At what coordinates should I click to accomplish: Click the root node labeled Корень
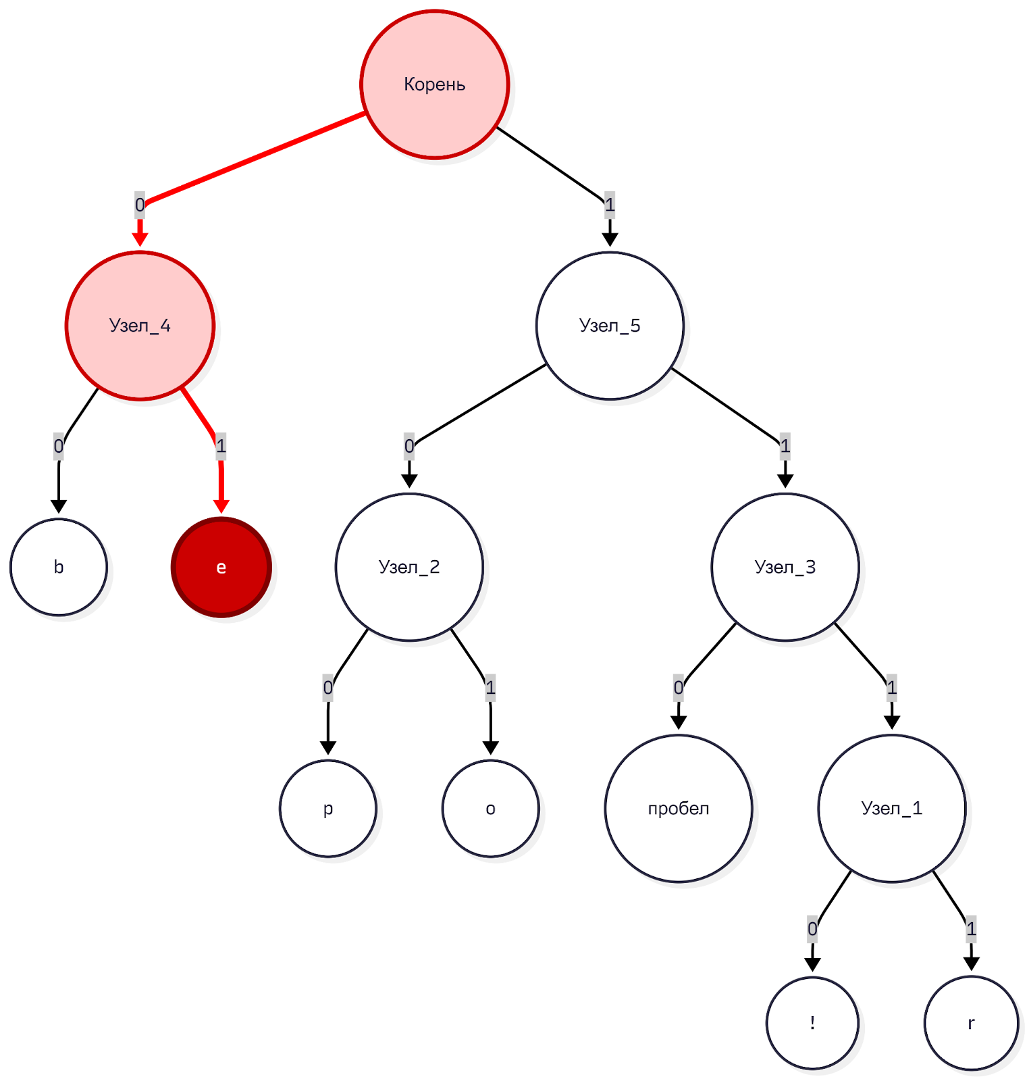pos(435,84)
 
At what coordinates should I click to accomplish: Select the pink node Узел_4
pos(140,326)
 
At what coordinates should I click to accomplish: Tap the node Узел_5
pos(610,326)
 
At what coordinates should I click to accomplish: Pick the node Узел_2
pos(409,567)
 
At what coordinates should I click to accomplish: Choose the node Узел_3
pos(785,567)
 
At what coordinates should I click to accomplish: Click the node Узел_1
pos(891,808)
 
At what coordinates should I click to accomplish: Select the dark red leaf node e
pos(221,567)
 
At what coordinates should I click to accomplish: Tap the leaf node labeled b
pos(59,567)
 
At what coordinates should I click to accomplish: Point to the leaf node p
pos(328,808)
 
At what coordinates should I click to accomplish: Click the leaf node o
pos(491,808)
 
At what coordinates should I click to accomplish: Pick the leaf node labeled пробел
pos(679,808)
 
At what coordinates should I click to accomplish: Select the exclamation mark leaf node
pos(812,1023)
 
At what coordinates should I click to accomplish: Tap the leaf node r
pos(971,1023)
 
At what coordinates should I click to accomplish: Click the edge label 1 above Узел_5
pos(610,205)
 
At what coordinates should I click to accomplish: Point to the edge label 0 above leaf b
pos(59,446)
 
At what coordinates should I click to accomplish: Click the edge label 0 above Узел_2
pos(409,446)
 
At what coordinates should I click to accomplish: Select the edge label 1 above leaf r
pos(971,929)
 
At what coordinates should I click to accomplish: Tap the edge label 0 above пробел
pos(679,688)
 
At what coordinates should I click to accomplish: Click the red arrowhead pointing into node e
pos(221,506)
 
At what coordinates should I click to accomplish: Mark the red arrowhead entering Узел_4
pos(140,240)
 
